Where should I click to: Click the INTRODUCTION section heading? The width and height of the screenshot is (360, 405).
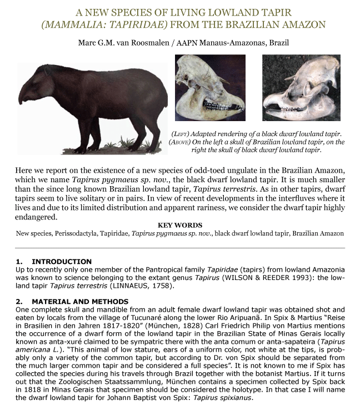[x=62, y=261]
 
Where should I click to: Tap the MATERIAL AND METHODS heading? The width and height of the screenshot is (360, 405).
[x=80, y=301]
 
